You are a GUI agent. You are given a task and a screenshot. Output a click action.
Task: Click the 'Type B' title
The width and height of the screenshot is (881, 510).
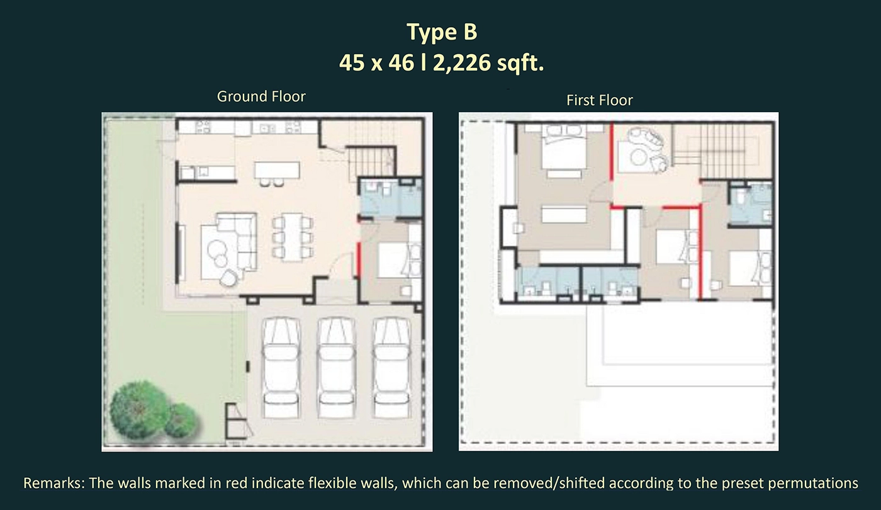point(442,32)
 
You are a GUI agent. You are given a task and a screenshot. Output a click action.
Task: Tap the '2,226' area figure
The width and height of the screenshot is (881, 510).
point(462,62)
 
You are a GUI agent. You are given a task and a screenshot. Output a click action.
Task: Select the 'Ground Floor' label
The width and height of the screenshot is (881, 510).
point(261,96)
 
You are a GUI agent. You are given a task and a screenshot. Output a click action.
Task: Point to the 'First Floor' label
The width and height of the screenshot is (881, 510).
point(599,100)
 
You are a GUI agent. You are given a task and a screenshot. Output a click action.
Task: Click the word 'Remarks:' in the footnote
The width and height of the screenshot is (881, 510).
point(54,483)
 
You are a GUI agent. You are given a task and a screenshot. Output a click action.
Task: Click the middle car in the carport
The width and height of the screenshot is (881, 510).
point(336,367)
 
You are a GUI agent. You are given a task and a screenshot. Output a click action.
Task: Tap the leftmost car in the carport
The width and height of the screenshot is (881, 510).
point(281,367)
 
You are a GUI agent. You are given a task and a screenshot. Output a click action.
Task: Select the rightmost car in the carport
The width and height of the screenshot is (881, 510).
point(391,367)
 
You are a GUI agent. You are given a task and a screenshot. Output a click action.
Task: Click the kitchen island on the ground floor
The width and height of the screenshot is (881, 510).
point(277,170)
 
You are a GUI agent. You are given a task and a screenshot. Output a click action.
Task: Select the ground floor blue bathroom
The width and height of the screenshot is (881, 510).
point(391,198)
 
